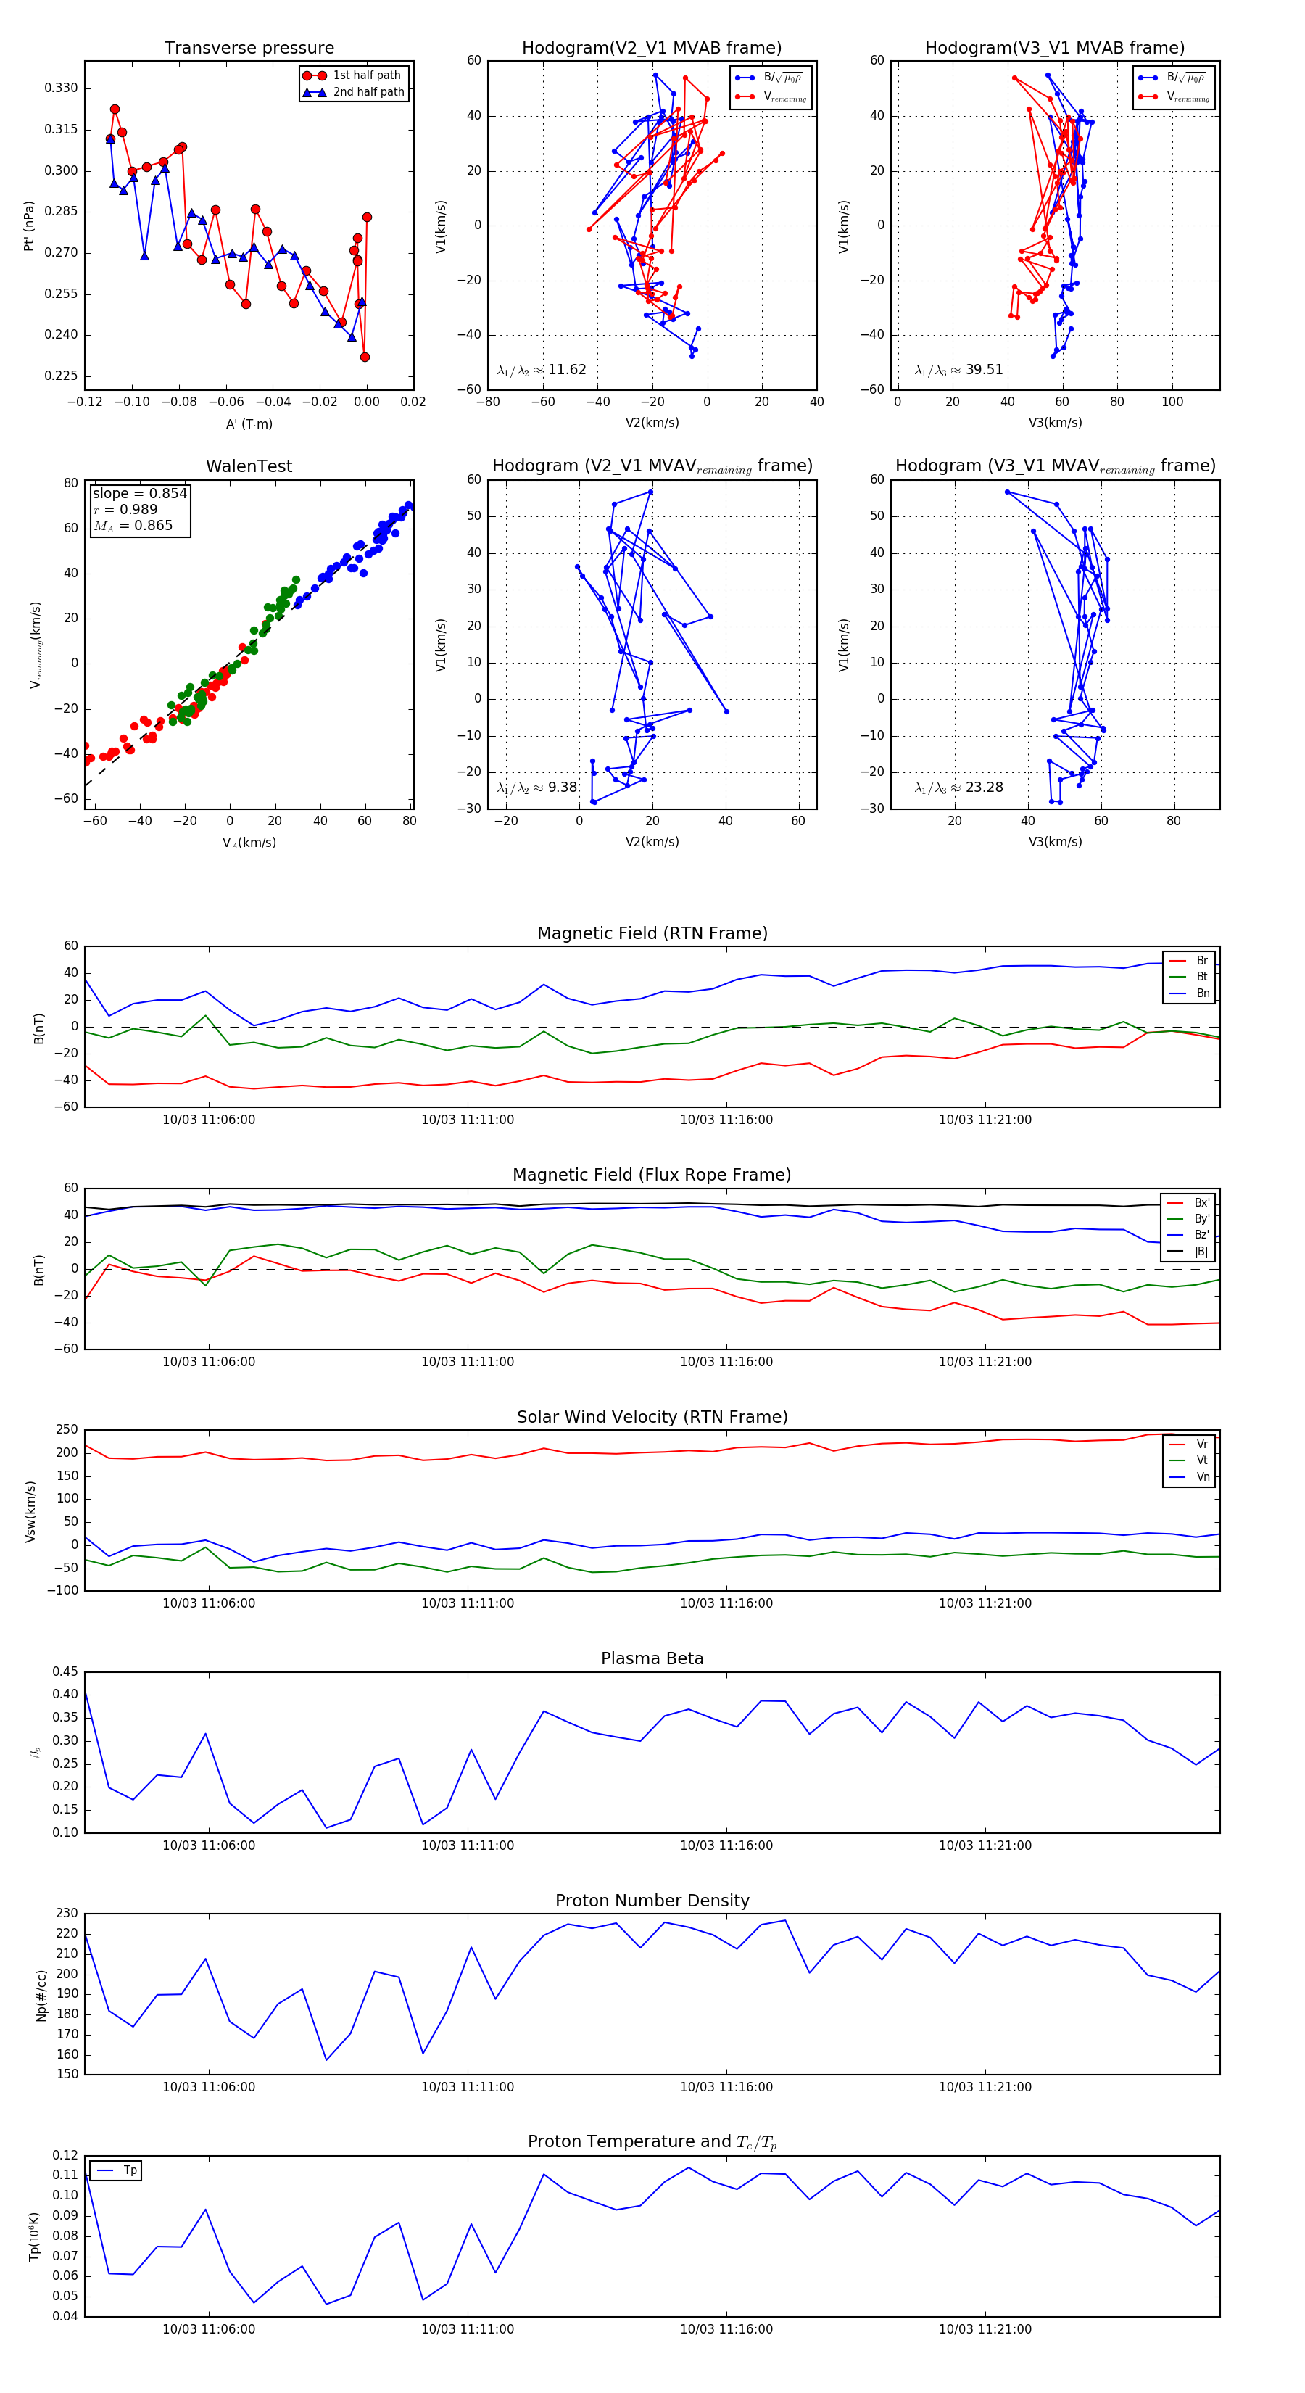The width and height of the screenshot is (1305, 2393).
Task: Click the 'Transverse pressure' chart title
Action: point(249,49)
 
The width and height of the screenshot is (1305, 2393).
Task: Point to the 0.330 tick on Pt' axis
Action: point(62,88)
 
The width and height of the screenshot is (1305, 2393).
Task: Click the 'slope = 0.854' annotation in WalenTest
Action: point(139,493)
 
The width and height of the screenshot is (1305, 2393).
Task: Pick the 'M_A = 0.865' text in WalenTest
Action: point(133,526)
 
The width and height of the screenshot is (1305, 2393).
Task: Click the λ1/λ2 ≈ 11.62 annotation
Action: point(542,370)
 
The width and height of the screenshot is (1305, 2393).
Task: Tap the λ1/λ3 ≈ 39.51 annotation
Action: point(958,370)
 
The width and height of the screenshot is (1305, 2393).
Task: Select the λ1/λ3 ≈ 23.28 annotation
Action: point(958,788)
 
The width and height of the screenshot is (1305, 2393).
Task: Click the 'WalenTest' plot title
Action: point(249,466)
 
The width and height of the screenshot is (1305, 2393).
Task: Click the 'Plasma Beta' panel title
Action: point(652,1658)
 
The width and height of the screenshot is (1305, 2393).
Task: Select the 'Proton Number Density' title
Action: point(652,1901)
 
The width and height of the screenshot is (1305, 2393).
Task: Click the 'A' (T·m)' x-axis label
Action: point(249,424)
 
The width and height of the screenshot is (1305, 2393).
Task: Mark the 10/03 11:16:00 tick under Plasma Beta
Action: point(726,1846)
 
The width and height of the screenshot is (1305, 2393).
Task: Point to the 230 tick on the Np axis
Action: point(67,1914)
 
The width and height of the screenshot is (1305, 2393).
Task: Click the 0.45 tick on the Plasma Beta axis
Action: point(65,1672)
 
